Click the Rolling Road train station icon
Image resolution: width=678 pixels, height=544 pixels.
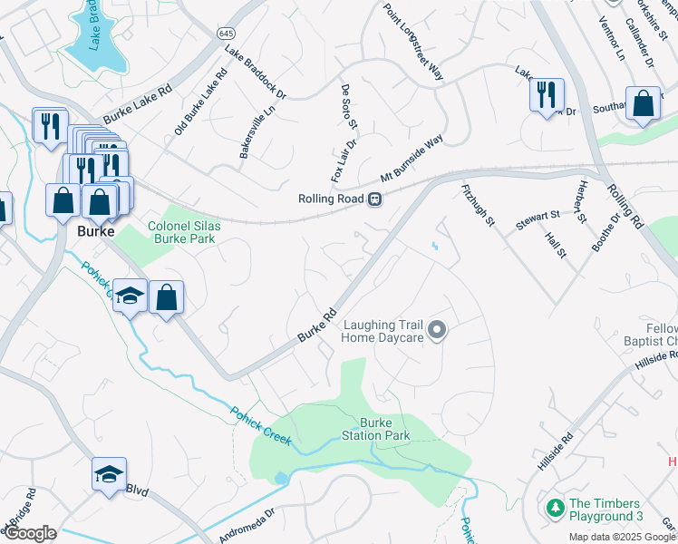coord(373,199)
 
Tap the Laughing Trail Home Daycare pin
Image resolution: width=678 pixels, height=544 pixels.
coord(437,331)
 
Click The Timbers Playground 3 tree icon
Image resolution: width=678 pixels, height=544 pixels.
coord(555,510)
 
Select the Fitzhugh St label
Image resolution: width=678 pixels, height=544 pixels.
coord(478,206)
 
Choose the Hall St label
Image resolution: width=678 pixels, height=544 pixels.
coord(556,243)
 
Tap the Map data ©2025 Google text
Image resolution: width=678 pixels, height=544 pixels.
coord(622,537)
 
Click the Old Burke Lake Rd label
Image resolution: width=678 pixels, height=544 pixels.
coord(199,105)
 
